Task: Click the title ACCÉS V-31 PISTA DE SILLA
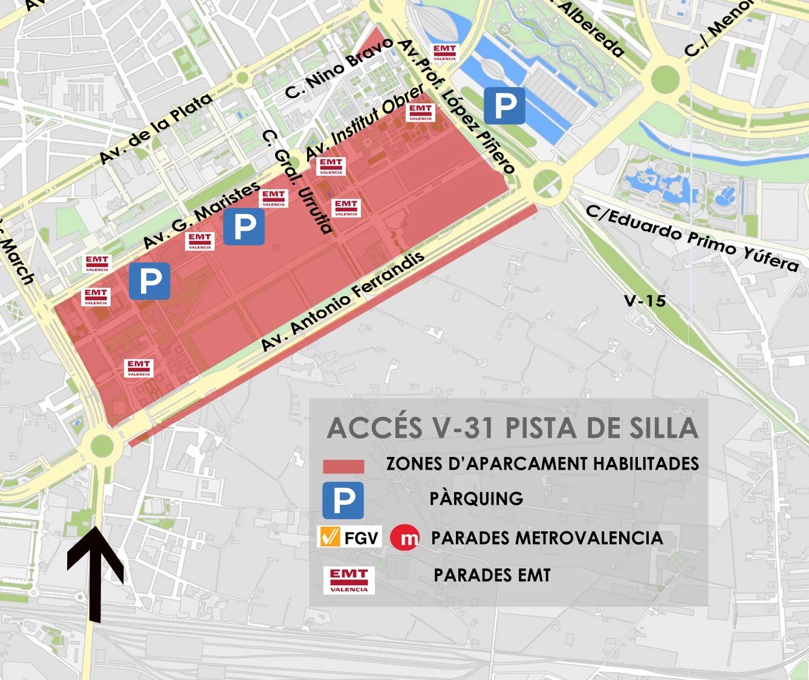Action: (x=512, y=428)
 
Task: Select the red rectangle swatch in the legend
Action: (x=343, y=466)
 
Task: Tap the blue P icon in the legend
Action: (x=343, y=500)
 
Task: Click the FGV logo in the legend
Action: (x=350, y=537)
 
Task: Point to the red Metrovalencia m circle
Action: (x=405, y=537)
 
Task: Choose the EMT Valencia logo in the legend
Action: (x=349, y=580)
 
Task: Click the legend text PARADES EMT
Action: (x=492, y=575)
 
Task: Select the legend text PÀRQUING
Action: (x=476, y=499)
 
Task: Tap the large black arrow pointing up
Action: (x=95, y=571)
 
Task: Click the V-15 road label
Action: (x=645, y=300)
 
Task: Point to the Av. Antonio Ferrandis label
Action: (x=342, y=302)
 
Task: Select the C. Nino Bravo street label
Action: (x=339, y=68)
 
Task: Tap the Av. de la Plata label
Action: (x=155, y=128)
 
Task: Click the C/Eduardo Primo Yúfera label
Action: (x=692, y=238)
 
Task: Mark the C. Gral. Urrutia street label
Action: (x=298, y=181)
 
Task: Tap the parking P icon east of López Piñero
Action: (x=504, y=106)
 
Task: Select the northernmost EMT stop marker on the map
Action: (x=444, y=52)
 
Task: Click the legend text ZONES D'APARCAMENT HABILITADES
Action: (x=542, y=464)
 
